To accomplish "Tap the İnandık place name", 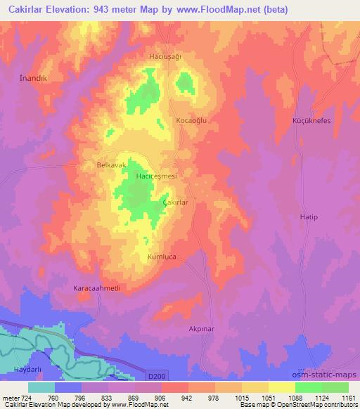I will pyautogui.click(x=32, y=78).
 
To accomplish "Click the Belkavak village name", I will pyautogui.click(x=111, y=164).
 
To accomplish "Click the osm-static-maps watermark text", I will pyautogui.click(x=329, y=375).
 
